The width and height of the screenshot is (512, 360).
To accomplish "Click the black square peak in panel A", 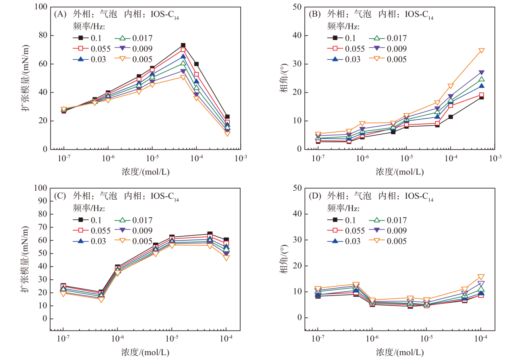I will coord(183,46).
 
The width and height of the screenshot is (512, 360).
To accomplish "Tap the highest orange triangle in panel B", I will coord(481,51).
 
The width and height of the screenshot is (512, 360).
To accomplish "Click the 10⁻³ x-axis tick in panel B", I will coord(495,158).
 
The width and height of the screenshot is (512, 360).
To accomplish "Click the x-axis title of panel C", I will coord(145,352).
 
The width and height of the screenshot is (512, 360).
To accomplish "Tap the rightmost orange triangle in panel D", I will coord(481,277).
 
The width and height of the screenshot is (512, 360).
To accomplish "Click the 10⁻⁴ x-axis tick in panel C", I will coord(226,337).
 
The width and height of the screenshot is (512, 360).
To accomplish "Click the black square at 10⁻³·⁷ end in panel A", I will coord(227,117).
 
